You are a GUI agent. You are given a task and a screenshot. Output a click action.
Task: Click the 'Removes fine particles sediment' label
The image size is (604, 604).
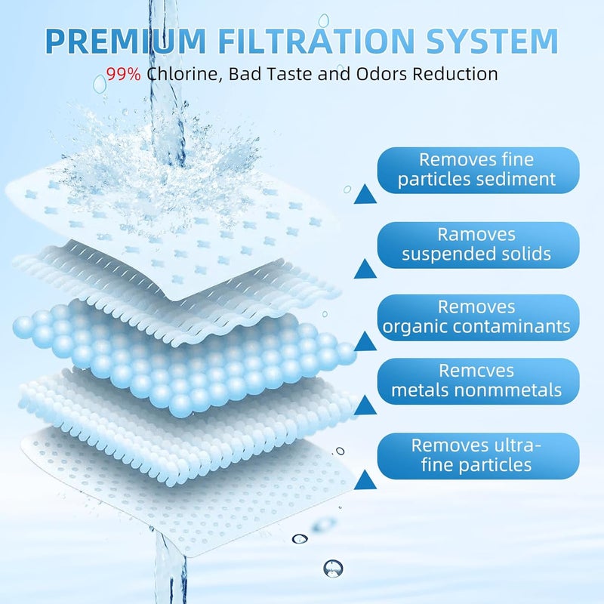point(477,170)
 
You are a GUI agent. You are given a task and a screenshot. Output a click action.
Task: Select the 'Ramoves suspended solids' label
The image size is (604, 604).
point(477,245)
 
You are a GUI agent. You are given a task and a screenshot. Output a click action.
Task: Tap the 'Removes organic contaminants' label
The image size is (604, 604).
point(477,317)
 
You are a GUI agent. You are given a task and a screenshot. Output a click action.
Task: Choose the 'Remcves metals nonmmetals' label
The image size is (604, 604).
point(477,381)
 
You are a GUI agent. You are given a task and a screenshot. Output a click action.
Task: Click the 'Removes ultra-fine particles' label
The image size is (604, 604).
point(477,456)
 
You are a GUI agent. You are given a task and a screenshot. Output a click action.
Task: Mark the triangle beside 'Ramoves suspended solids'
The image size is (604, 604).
point(365,269)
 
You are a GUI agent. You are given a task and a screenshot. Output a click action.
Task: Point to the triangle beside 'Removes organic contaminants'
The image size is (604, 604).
point(365,341)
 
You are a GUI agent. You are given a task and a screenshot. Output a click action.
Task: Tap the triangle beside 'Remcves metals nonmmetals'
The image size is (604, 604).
point(365,407)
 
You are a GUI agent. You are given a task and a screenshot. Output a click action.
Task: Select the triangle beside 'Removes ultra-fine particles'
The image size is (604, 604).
point(365,479)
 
